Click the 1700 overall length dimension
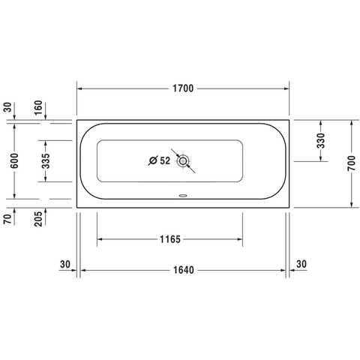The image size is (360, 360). pos(183,88)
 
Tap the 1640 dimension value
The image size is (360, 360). pos(184,270)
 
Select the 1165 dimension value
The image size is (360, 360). pos(170,239)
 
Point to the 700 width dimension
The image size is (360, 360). pos(351,163)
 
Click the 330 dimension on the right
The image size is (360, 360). pos(320,140)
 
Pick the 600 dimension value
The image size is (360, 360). pos(14,160)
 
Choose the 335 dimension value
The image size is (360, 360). pos(46,160)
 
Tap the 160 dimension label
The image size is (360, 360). pos(38,107)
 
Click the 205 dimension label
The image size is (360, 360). pos(38,219)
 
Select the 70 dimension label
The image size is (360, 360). pos(7,219)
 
